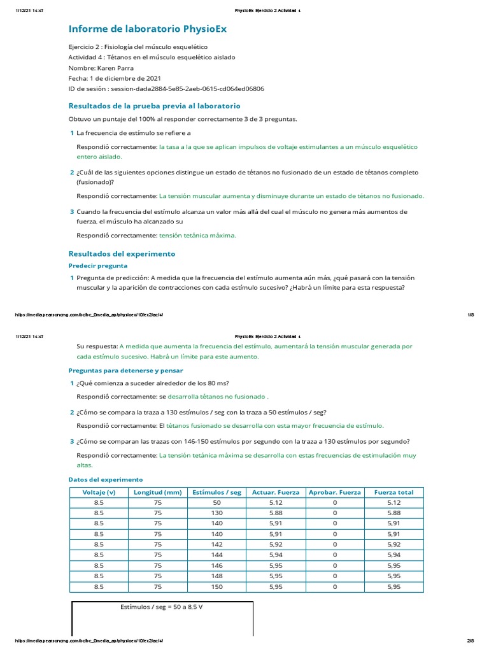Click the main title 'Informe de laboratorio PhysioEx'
pyautogui.click(x=147, y=29)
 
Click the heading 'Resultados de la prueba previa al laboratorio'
pyautogui.click(x=154, y=106)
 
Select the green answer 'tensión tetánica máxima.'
pyautogui.click(x=197, y=235)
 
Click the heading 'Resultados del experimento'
pyautogui.click(x=122, y=253)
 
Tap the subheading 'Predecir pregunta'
pyautogui.click(x=98, y=266)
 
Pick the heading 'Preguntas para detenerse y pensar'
pyautogui.click(x=125, y=370)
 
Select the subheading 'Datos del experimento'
pyautogui.click(x=106, y=479)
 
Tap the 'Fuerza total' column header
pyautogui.click(x=393, y=492)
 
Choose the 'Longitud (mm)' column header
pyautogui.click(x=158, y=492)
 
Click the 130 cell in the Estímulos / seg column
pyautogui.click(x=217, y=513)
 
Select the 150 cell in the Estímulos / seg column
pyautogui.click(x=217, y=586)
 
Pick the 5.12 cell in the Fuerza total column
pyautogui.click(x=393, y=502)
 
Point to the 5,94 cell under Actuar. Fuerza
pyautogui.click(x=276, y=555)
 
